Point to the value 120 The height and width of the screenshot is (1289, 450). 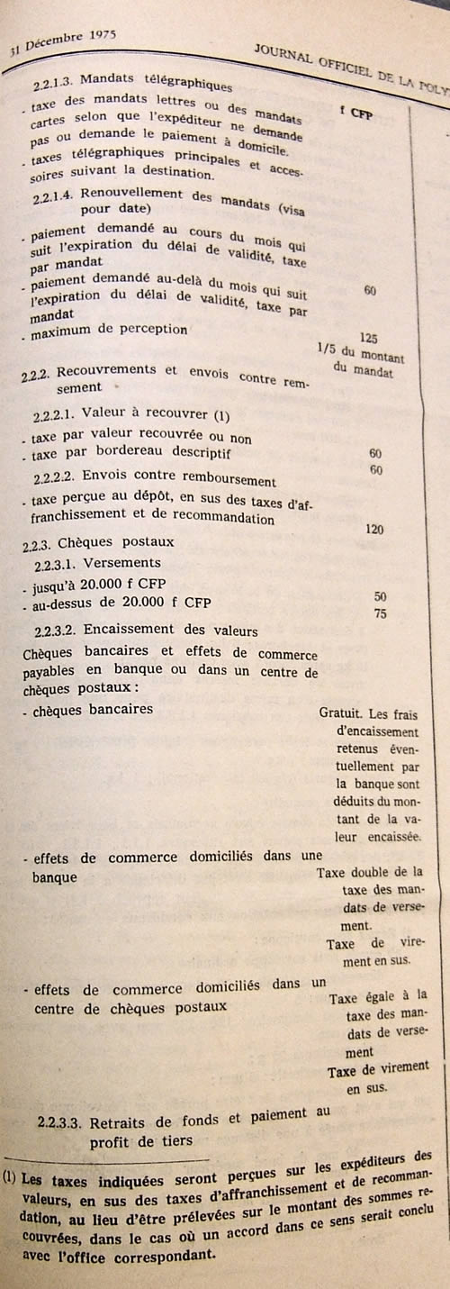pyautogui.click(x=374, y=529)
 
